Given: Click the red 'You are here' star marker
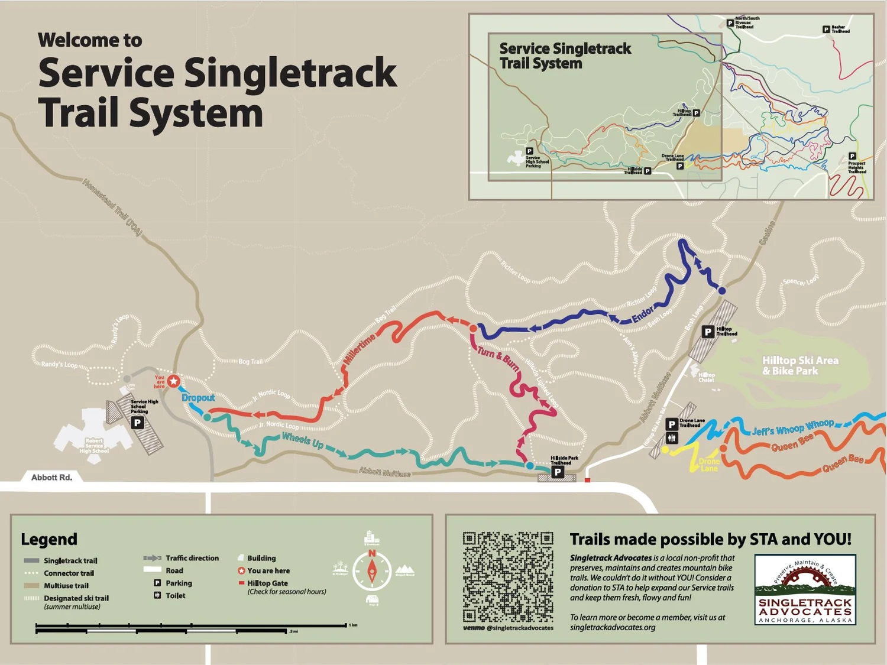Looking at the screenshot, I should pyautogui.click(x=173, y=381).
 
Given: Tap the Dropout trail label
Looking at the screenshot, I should pyautogui.click(x=198, y=398).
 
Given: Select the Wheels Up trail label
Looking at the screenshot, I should pyautogui.click(x=302, y=440).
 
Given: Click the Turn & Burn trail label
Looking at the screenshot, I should pyautogui.click(x=498, y=359).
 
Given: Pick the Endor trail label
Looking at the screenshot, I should pyautogui.click(x=643, y=314).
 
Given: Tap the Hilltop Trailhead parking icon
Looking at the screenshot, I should pyautogui.click(x=707, y=332).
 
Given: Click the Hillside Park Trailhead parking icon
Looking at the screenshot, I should pyautogui.click(x=557, y=472).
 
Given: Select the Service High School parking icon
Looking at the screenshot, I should pyautogui.click(x=137, y=423).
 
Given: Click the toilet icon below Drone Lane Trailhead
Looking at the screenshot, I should pyautogui.click(x=672, y=438).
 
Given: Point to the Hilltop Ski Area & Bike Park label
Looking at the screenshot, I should pyautogui.click(x=799, y=365).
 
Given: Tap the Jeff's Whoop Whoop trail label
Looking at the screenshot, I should pyautogui.click(x=792, y=427).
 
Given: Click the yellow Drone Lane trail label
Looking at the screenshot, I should pyautogui.click(x=709, y=465).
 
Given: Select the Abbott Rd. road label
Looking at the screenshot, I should pyautogui.click(x=51, y=477).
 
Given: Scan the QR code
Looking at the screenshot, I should pyautogui.click(x=508, y=577).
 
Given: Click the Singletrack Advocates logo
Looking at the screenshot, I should pyautogui.click(x=805, y=589).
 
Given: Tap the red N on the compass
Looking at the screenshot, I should pyautogui.click(x=372, y=553).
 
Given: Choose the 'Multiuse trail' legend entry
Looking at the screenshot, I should pyautogui.click(x=66, y=586).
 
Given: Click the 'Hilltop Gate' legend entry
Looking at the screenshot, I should pyautogui.click(x=267, y=583).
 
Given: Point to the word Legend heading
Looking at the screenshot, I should pyautogui.click(x=49, y=539).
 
